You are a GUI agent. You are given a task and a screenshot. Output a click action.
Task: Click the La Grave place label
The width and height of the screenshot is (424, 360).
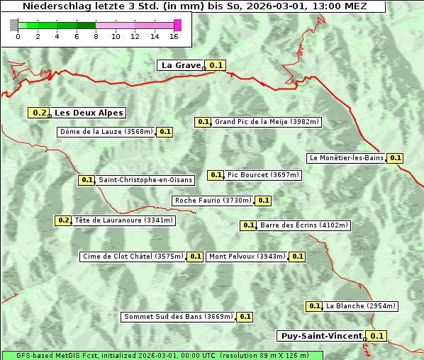181,65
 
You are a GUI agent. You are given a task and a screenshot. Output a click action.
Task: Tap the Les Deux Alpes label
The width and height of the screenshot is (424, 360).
89,113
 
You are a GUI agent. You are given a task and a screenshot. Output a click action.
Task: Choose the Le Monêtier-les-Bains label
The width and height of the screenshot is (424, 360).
346,158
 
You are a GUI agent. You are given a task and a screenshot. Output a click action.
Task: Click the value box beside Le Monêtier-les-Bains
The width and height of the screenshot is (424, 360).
396,158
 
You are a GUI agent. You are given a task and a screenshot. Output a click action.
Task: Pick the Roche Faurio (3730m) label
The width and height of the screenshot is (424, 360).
213,201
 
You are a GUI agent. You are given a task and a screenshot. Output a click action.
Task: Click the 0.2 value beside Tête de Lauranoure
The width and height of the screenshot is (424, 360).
64,220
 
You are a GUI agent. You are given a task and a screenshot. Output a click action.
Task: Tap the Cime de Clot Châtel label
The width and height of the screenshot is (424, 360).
132,257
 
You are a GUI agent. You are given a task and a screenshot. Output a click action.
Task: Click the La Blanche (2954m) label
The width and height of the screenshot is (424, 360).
361,306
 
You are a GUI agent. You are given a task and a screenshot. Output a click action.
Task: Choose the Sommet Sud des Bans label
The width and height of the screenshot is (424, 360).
178,317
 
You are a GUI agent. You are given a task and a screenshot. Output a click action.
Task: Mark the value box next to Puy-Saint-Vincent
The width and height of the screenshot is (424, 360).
377,336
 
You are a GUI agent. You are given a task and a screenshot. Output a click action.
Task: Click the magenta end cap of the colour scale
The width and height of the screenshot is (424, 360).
177,25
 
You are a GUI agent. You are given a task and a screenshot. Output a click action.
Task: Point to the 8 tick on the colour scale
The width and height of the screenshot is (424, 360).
96,36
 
